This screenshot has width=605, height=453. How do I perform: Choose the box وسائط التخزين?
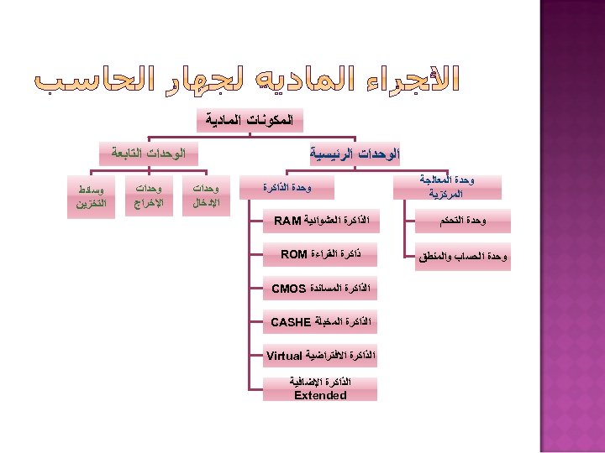[91, 195]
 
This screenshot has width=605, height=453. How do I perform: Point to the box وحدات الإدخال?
[207, 195]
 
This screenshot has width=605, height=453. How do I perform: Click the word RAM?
[287, 221]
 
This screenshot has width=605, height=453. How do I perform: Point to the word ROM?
[294, 254]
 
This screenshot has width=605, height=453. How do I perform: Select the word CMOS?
[289, 289]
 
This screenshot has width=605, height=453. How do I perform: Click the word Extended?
[320, 395]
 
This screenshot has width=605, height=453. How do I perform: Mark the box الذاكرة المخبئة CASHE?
[320, 322]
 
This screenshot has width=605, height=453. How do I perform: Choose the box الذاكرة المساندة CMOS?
[320, 289]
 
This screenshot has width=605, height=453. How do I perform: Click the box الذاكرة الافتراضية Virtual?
[320, 356]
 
